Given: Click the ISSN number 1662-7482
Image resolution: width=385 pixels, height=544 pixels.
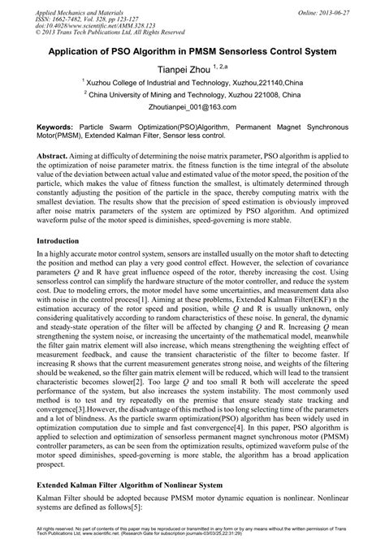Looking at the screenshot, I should [x=69, y=14].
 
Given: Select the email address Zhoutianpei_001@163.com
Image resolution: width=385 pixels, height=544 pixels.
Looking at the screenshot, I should [x=192, y=106].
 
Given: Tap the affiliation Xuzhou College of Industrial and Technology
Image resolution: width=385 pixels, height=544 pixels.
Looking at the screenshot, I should [x=146, y=82].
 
